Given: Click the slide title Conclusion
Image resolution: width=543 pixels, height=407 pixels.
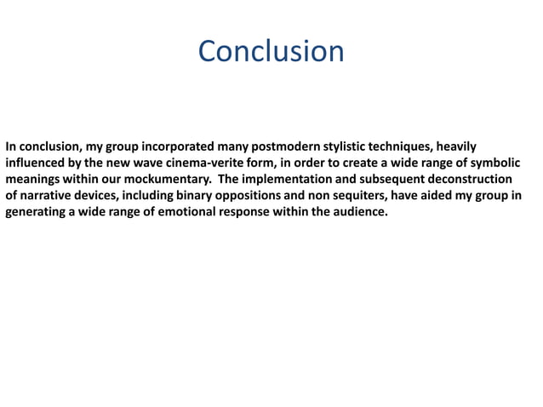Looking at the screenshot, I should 271,52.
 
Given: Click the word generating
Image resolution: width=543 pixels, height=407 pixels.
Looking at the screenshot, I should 37,212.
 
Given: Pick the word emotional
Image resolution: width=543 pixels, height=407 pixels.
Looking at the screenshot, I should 188,212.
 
